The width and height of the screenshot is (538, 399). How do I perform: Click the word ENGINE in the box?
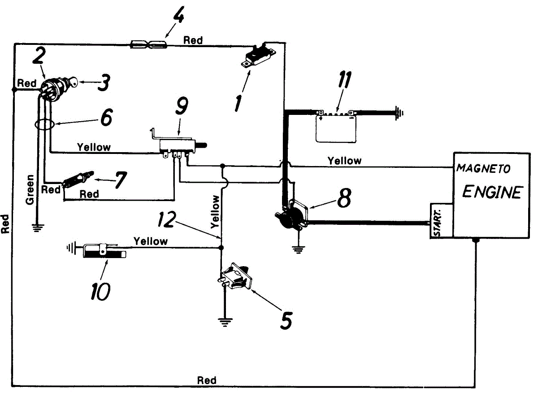click(492, 192)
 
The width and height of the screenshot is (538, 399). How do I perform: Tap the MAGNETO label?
click(483, 168)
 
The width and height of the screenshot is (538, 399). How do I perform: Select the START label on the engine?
click(438, 222)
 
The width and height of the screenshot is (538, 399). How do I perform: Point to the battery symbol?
click(336, 126)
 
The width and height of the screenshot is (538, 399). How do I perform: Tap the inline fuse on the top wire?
click(149, 45)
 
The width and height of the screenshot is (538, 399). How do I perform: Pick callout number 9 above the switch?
click(182, 106)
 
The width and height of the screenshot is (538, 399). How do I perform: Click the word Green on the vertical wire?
click(30, 189)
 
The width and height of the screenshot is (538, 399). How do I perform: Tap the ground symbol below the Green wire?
click(37, 228)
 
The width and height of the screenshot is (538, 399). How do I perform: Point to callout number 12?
click(166, 219)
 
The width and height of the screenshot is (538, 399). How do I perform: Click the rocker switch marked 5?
click(235, 276)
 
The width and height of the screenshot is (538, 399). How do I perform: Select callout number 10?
click(100, 291)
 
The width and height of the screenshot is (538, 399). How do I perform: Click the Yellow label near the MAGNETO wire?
click(344, 161)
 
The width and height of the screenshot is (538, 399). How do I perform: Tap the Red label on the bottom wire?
click(207, 380)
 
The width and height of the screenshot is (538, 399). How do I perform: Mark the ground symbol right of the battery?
click(399, 113)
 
